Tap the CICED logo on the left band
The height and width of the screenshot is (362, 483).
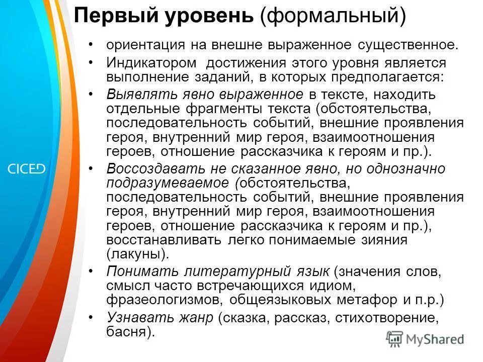pos(26,169)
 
